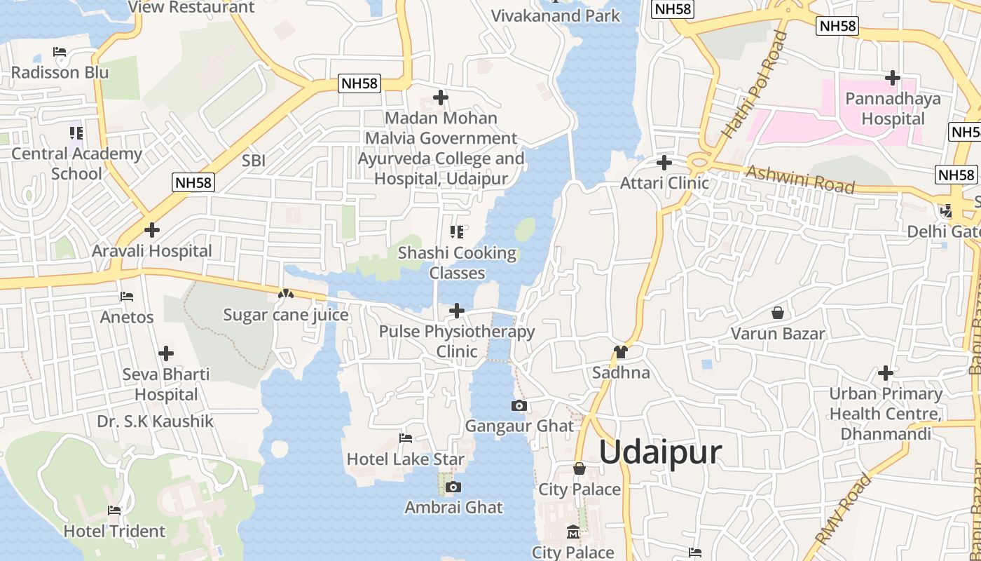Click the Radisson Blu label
click(60, 72)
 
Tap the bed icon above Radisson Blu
click(60, 52)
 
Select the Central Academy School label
click(76, 163)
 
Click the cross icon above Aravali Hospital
click(151, 230)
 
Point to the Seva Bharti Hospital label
click(166, 384)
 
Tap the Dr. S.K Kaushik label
click(155, 421)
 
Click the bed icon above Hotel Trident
click(114, 511)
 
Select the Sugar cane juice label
click(285, 315)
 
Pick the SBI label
click(253, 161)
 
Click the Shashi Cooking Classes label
click(457, 263)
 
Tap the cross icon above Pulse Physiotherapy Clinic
click(457, 310)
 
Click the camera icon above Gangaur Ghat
click(519, 405)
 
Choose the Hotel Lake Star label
click(405, 459)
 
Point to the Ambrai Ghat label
click(453, 507)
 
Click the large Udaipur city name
click(660, 452)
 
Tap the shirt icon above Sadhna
click(620, 351)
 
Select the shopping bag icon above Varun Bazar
click(777, 313)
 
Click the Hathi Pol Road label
click(754, 86)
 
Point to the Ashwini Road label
click(800, 180)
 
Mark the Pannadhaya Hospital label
click(893, 109)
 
